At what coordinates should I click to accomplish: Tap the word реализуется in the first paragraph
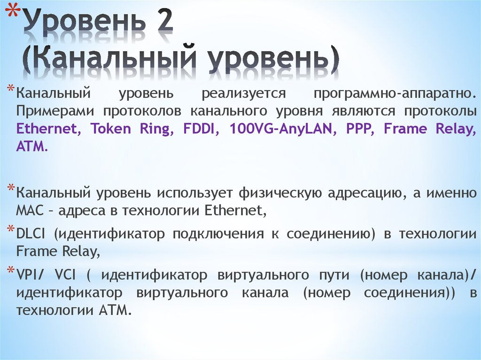244,93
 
